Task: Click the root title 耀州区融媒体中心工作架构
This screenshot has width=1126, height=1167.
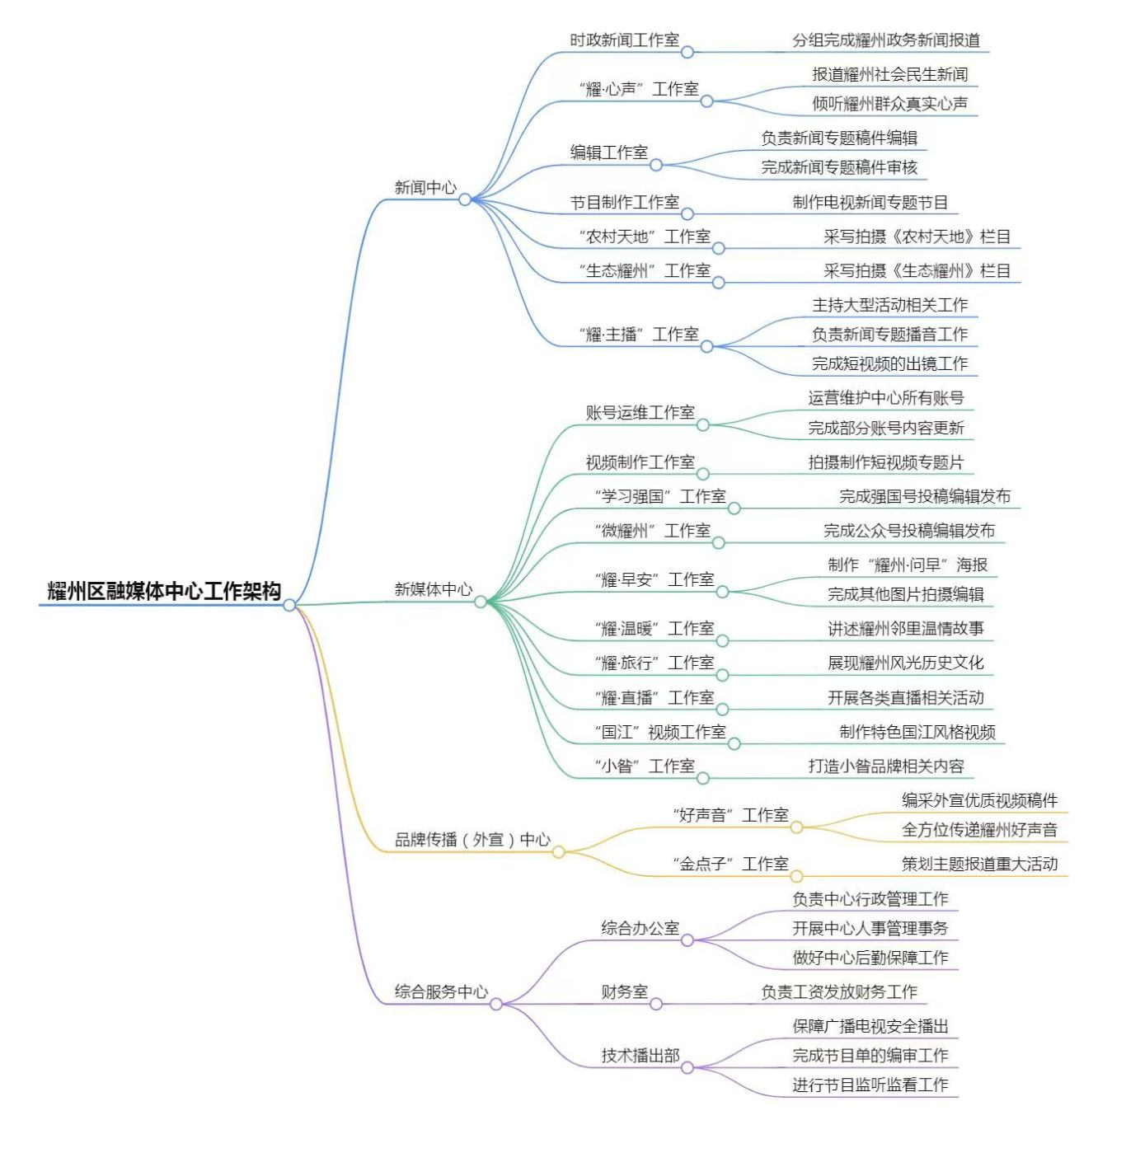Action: pos(164,591)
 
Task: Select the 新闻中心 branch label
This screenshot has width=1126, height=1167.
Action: pos(425,188)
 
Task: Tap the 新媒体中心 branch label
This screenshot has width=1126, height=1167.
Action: pos(433,589)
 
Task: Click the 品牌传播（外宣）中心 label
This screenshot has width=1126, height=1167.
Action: pos(472,840)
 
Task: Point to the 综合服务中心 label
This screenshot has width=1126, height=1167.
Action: pos(441,992)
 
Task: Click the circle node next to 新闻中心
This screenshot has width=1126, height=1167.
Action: pos(465,199)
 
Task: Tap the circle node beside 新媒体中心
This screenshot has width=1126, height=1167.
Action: pos(481,602)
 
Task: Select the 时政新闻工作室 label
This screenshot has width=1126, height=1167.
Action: pos(624,40)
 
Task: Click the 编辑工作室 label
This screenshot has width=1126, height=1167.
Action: pos(608,152)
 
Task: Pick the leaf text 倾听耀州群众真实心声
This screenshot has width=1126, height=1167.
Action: pos(889,104)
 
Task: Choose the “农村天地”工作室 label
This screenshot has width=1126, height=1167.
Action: pos(644,237)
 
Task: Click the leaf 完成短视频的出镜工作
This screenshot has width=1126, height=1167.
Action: pos(889,363)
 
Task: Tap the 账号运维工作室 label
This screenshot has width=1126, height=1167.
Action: pos(640,413)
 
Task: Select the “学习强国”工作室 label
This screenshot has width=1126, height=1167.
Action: pos(659,497)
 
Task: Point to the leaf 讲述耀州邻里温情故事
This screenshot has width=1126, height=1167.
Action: pos(905,629)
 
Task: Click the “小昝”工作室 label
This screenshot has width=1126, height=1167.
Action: pos(644,766)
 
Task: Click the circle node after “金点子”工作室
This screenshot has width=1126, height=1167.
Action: pos(796,877)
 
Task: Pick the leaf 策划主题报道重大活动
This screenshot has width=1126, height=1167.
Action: pos(979,865)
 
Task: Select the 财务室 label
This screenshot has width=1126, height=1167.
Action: pos(624,992)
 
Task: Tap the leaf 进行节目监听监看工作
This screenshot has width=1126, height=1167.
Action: pos(870,1085)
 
